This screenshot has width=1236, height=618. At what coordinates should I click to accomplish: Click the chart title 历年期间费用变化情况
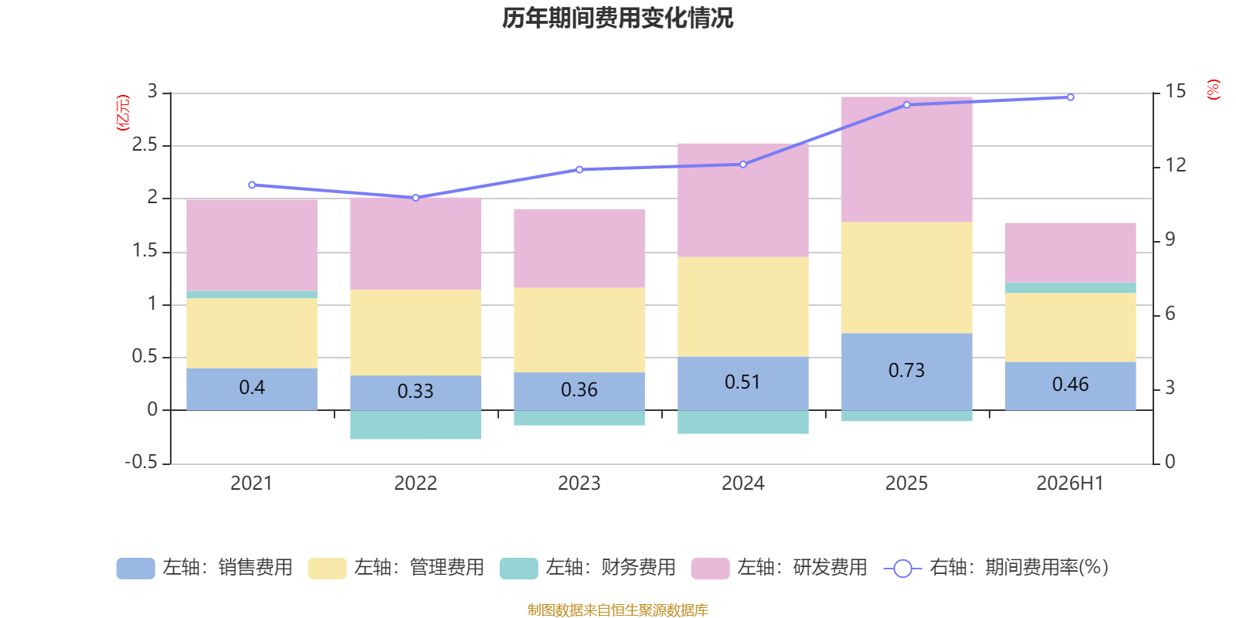617,19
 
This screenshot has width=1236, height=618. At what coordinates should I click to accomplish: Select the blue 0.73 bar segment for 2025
907,372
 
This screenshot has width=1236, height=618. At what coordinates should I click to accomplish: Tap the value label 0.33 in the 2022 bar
416,391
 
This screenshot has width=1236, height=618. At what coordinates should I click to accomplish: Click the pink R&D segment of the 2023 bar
579,248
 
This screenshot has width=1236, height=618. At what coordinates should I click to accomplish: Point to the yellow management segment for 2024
743,307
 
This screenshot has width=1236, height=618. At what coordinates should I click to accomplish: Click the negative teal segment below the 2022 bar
416,425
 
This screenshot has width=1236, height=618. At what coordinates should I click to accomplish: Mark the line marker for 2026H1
1071,97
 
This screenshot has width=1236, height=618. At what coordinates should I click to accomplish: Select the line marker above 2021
252,185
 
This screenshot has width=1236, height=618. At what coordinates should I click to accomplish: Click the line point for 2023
579,169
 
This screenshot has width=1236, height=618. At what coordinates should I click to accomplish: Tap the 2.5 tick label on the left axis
144,144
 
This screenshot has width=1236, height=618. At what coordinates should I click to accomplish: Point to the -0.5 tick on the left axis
141,461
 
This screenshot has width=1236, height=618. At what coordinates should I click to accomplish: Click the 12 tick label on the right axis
1175,165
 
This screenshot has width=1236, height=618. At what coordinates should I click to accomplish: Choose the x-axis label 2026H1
1070,484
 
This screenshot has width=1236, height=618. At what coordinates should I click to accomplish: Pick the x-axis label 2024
742,484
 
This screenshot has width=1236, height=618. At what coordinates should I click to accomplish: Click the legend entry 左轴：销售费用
204,568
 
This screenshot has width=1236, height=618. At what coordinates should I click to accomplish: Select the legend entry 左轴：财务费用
588,568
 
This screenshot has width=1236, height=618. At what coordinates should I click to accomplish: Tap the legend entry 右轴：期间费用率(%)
996,568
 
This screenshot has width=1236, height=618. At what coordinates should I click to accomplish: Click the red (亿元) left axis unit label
123,113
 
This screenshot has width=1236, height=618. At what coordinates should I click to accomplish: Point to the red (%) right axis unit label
1213,90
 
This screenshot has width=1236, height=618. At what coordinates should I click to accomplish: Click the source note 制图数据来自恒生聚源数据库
617,610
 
